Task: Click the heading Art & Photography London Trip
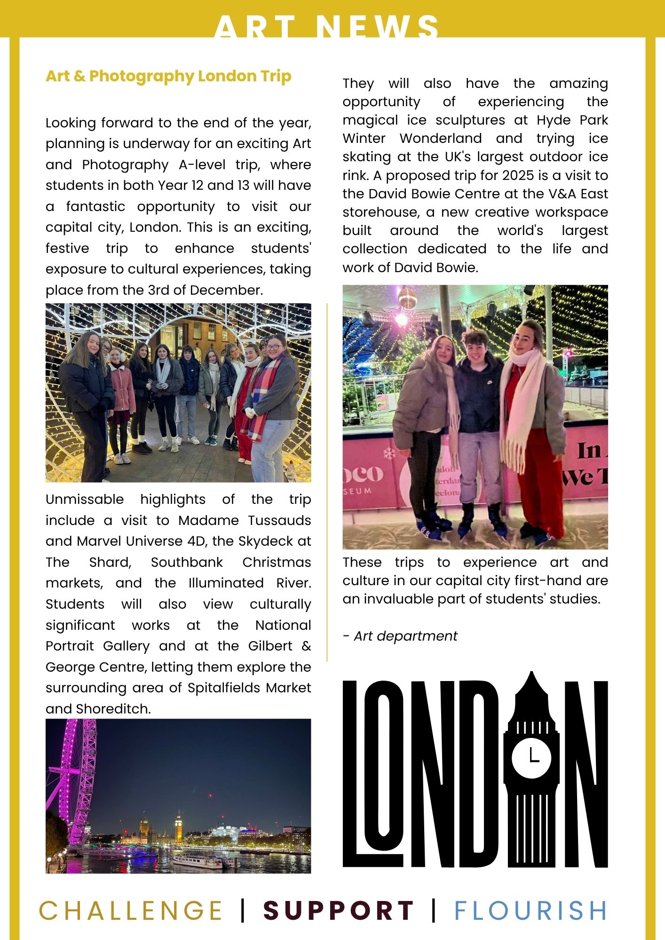point(168,76)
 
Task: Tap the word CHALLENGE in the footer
point(130,910)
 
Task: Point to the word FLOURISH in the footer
point(530,910)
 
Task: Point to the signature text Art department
point(405,636)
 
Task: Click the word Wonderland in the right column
point(441,138)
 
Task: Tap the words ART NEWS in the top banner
point(326,27)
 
